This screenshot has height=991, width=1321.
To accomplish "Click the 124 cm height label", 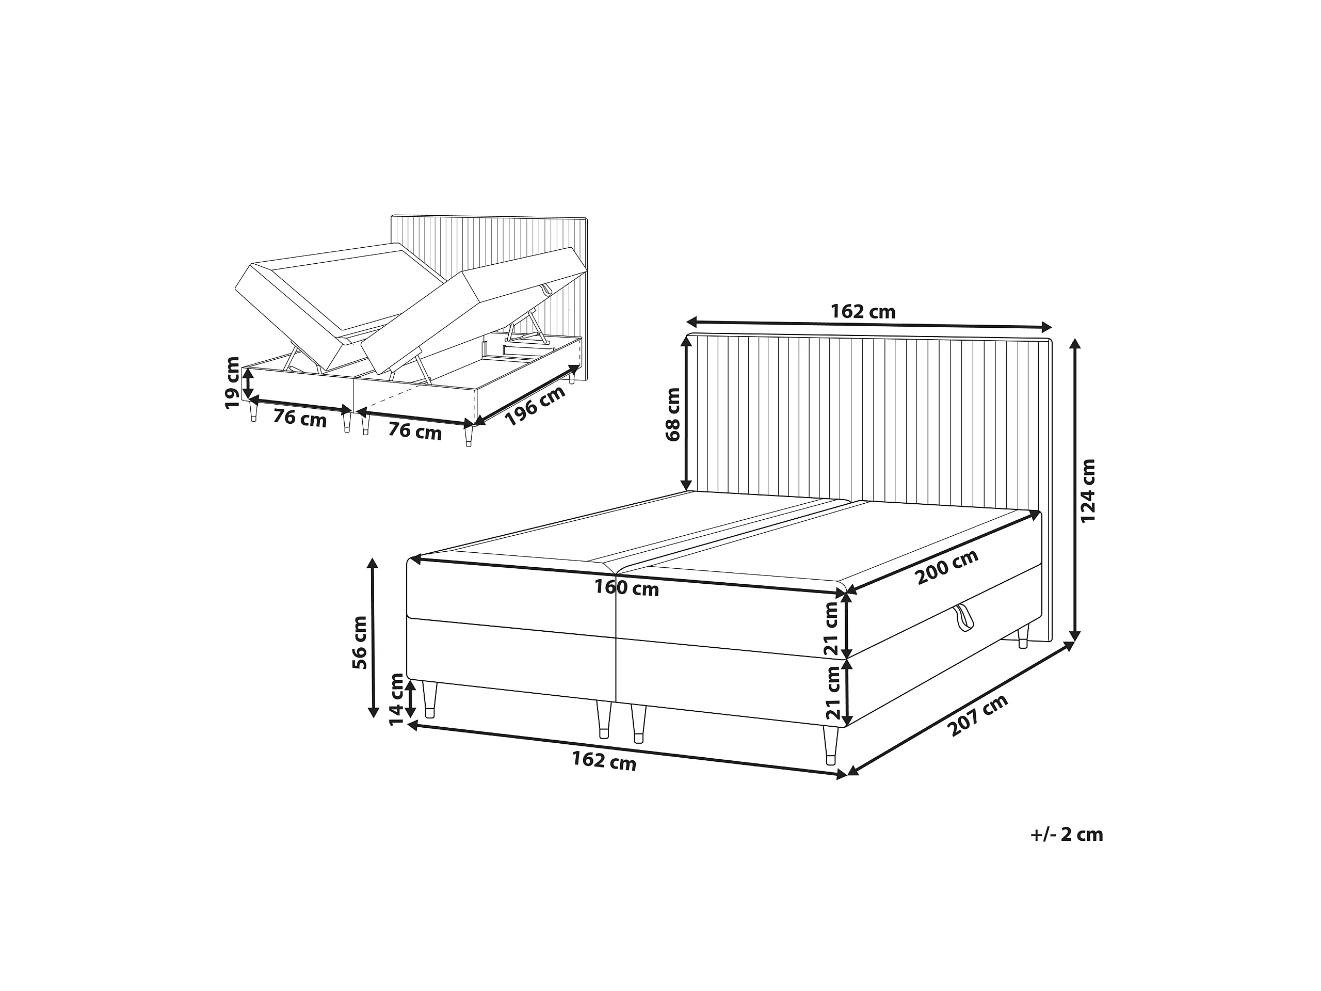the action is [x=1088, y=490].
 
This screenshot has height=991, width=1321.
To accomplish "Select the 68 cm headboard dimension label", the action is [x=672, y=414].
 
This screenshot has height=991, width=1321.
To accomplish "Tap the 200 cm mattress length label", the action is [x=947, y=566].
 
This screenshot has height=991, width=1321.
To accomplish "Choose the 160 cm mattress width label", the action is [x=626, y=588].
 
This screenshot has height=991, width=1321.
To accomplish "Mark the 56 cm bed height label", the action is [x=360, y=642].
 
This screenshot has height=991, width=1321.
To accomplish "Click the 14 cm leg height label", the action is [x=396, y=699].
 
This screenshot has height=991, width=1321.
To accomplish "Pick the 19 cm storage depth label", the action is [x=232, y=383].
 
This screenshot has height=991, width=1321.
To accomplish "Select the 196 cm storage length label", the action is [x=535, y=406].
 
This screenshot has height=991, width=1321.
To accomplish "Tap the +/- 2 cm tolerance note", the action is [x=1067, y=834].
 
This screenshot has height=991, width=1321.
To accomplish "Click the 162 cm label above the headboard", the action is [x=863, y=311].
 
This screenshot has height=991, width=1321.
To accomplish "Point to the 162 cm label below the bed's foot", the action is [x=604, y=761].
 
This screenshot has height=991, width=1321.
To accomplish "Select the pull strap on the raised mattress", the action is [x=547, y=289].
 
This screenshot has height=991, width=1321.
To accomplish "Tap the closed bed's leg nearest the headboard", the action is [x=1023, y=637].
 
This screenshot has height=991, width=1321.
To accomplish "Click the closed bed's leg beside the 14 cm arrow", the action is [x=430, y=699].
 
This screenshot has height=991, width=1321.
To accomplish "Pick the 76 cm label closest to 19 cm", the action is [x=300, y=418].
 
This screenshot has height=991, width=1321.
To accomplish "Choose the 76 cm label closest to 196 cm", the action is [x=415, y=430].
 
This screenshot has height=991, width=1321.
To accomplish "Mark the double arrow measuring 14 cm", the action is [x=411, y=699].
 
